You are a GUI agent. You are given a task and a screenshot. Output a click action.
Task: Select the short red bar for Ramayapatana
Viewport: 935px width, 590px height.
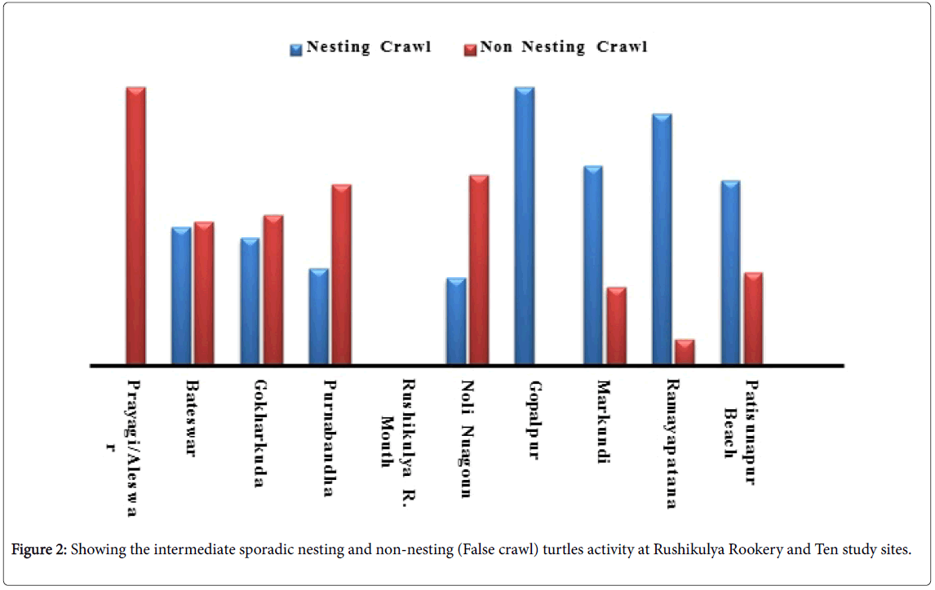click(x=685, y=351)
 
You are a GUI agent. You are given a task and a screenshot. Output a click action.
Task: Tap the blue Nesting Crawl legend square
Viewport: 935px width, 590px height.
click(x=296, y=48)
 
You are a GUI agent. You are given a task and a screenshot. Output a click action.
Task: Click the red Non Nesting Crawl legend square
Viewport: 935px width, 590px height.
click(x=469, y=48)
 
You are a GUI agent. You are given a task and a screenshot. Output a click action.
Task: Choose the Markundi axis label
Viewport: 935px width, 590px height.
click(x=603, y=421)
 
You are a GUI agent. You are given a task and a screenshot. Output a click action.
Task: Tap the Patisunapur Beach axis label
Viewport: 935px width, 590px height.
click(x=742, y=432)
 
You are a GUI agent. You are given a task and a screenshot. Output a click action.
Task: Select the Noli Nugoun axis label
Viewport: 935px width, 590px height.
click(x=466, y=438)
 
